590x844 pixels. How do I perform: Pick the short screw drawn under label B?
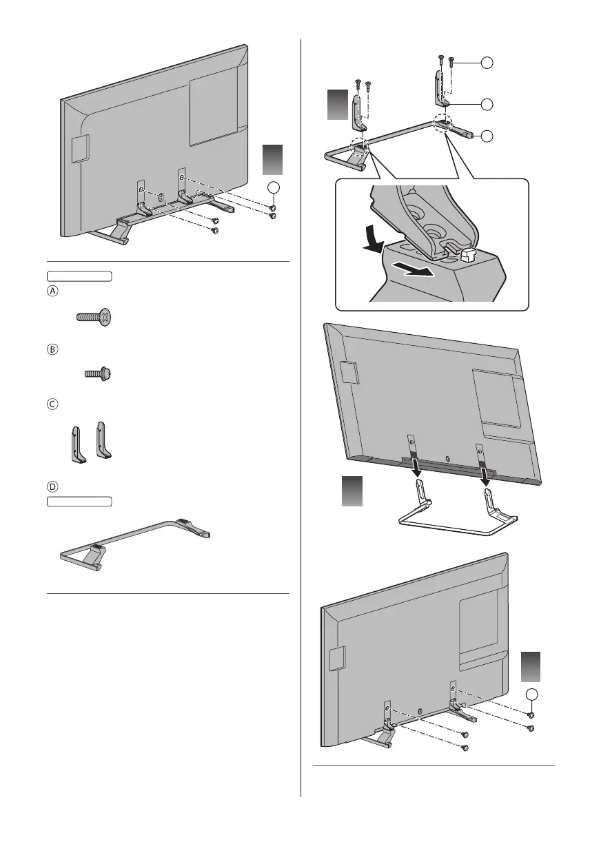pos(98,374)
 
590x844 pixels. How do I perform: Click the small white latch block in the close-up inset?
pos(469,257)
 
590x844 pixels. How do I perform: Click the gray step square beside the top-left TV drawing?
pos(272,161)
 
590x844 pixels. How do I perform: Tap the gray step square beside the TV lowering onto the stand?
pos(352,494)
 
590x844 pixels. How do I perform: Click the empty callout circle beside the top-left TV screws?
pos(274,188)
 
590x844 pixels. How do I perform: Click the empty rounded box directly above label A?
pos(79,277)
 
